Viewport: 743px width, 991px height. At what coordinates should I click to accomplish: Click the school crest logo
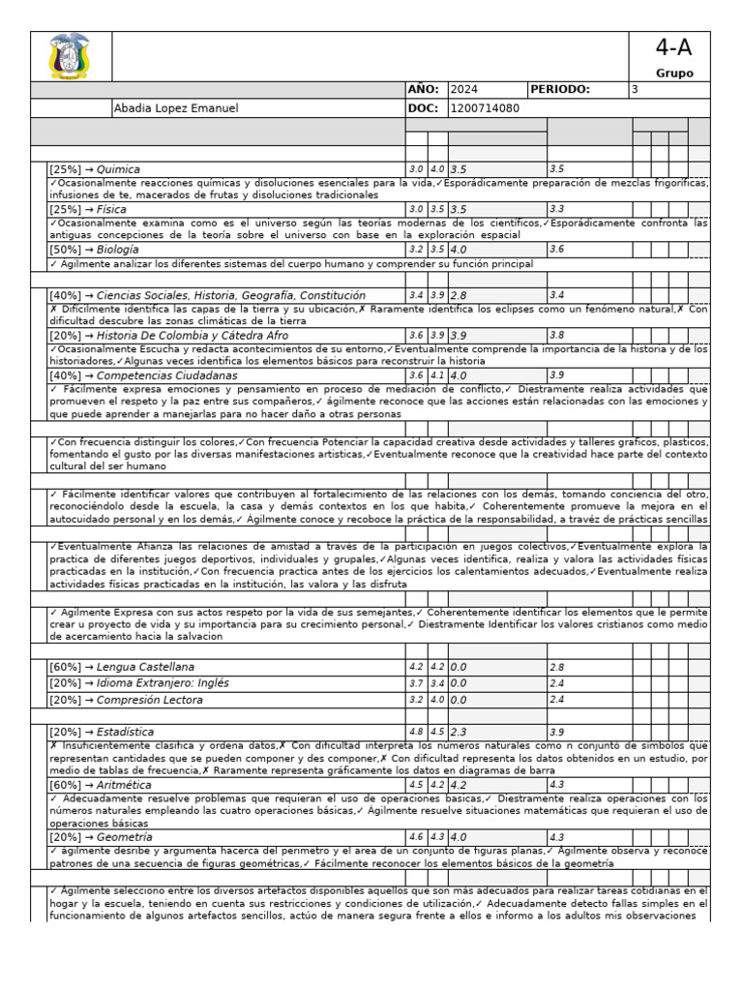point(71,56)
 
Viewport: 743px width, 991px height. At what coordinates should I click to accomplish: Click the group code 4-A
point(673,48)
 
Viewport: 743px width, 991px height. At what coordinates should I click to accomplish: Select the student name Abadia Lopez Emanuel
point(176,108)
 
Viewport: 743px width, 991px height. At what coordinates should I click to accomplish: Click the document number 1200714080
point(485,108)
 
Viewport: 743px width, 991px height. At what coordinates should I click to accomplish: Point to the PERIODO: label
point(560,89)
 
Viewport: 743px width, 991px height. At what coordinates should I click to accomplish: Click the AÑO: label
point(424,89)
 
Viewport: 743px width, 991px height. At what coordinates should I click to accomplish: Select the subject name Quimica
point(118,169)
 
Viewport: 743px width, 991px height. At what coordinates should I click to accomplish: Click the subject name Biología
point(118,249)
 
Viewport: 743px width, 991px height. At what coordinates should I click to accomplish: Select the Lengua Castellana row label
point(145,667)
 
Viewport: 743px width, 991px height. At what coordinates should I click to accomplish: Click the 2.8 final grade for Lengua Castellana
point(556,668)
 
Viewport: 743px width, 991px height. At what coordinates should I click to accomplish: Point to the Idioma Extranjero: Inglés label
point(163,683)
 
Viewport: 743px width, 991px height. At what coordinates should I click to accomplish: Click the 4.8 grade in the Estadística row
point(416,733)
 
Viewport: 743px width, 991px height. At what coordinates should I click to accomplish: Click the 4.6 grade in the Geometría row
point(416,837)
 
